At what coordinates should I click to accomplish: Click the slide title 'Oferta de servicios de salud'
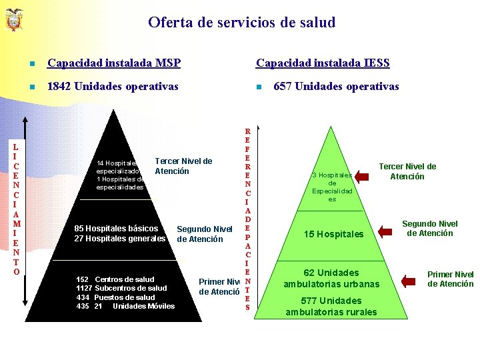[241, 23]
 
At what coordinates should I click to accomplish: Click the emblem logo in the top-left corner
[13, 20]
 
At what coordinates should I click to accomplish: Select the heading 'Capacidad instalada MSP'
[113, 63]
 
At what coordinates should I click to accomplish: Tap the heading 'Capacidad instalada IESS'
[323, 63]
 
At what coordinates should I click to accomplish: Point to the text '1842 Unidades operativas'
[111, 86]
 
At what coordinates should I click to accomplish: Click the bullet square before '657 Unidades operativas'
[257, 87]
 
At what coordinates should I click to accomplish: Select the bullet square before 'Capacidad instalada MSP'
[31, 64]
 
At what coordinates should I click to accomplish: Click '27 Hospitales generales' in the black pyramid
[120, 239]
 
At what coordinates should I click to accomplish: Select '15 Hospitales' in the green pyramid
[333, 234]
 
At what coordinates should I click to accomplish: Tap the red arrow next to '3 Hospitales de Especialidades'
[362, 176]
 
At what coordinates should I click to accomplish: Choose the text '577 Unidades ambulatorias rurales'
[331, 306]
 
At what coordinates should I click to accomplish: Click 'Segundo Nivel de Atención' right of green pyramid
[429, 229]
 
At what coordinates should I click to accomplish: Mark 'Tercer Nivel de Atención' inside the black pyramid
[183, 166]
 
